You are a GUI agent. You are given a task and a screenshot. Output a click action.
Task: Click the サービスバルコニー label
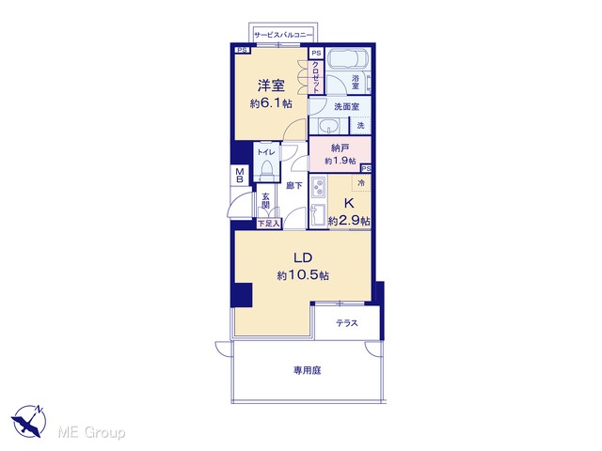click(283, 35)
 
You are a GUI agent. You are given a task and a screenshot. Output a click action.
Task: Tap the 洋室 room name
click(271, 86)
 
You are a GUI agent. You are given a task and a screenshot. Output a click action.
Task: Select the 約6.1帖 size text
click(271, 103)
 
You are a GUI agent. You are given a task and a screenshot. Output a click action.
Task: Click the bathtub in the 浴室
click(349, 58)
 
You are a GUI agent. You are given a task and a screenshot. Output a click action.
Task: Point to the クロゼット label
click(316, 77)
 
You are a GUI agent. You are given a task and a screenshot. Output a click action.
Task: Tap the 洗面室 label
click(347, 106)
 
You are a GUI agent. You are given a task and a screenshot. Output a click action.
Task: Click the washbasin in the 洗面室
click(328, 126)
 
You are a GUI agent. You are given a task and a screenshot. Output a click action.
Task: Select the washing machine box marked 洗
click(360, 125)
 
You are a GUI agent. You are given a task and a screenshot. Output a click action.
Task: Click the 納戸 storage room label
click(340, 148)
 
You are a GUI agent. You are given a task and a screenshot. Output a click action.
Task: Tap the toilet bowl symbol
click(266, 168)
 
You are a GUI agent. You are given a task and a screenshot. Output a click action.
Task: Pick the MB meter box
click(240, 176)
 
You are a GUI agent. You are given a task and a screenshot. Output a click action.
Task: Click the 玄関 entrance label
click(265, 200)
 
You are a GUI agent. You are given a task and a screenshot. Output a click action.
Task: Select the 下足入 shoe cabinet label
click(269, 224)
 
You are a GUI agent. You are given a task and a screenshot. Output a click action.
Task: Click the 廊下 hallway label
click(294, 186)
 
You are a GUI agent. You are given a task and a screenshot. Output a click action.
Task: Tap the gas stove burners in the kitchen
click(318, 188)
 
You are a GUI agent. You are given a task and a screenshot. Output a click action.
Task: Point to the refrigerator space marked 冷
click(361, 183)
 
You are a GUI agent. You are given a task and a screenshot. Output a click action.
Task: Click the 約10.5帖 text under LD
click(303, 275)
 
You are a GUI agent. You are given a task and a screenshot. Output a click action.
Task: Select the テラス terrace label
click(347, 323)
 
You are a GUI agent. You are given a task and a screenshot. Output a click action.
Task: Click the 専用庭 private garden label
click(308, 370)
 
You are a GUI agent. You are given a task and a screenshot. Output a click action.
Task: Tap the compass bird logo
click(28, 421)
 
